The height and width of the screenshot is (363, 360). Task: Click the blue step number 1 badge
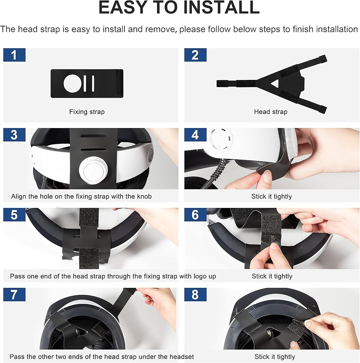(15, 55)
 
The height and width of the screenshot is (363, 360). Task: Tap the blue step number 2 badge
(195, 55)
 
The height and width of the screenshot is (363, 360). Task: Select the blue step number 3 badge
(15, 135)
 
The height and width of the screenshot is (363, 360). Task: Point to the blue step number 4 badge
(195, 135)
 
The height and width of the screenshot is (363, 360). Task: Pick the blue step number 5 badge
(15, 215)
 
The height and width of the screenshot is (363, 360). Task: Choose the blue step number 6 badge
(195, 215)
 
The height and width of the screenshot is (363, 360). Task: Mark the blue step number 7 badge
(15, 294)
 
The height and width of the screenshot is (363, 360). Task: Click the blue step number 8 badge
(195, 294)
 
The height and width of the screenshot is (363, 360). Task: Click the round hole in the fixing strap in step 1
(73, 83)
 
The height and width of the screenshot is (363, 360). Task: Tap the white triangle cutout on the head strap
(275, 83)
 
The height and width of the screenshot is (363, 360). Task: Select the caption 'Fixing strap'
(87, 112)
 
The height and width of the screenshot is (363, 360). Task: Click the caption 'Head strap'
(271, 112)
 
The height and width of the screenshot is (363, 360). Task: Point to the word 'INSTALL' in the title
(222, 7)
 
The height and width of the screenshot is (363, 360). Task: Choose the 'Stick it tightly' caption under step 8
(275, 356)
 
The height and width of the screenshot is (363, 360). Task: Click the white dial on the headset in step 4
(220, 139)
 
